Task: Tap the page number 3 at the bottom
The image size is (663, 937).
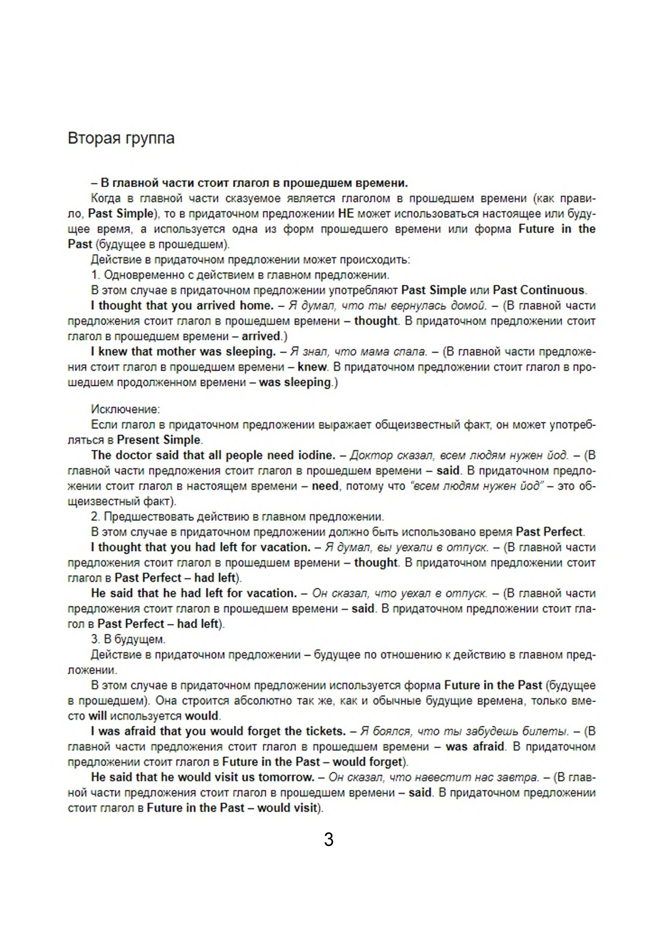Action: point(329,839)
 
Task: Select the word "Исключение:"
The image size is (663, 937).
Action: point(125,409)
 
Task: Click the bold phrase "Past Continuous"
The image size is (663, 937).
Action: point(538,290)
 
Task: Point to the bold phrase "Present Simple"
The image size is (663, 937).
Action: point(158,440)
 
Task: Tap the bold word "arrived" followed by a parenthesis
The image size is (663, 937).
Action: point(260,336)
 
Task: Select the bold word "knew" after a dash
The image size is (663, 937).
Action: point(312,367)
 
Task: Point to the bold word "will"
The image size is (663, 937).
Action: point(97,716)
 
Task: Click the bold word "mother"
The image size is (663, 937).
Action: point(176,352)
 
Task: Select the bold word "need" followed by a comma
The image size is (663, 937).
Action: point(325,486)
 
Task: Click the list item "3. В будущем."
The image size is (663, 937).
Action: point(128,639)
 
